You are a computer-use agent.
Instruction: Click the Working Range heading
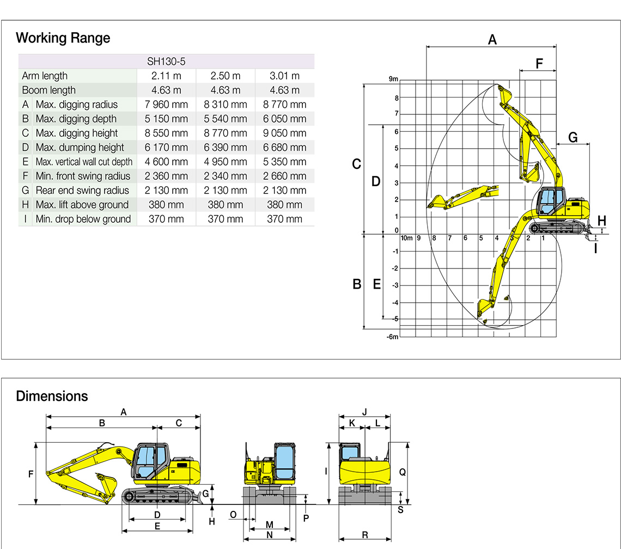click(x=63, y=38)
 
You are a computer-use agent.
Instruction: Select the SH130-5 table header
click(x=166, y=62)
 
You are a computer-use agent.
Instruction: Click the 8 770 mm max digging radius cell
click(x=284, y=105)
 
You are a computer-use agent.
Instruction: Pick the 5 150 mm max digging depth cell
click(x=166, y=119)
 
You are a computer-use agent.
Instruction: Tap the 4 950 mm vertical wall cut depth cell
click(x=226, y=162)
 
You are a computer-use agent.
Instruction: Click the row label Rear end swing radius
click(x=82, y=191)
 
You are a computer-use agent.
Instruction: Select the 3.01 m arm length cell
click(x=284, y=76)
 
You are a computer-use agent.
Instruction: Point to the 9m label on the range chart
click(x=393, y=80)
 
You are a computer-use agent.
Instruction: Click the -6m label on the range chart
click(x=392, y=337)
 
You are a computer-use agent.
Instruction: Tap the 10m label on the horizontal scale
click(x=406, y=238)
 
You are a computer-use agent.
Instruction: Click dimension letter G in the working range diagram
click(x=573, y=138)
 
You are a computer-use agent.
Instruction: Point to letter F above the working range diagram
click(x=539, y=64)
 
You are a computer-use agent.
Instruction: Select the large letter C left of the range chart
click(x=357, y=164)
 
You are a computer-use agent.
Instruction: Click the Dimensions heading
click(x=52, y=396)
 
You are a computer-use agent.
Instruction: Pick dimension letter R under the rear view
click(x=364, y=535)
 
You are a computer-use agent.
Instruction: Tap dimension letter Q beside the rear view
click(x=403, y=472)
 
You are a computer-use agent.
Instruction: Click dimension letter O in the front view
click(x=233, y=515)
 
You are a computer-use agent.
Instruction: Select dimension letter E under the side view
click(x=157, y=526)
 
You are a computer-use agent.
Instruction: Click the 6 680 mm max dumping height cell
click(x=284, y=148)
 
